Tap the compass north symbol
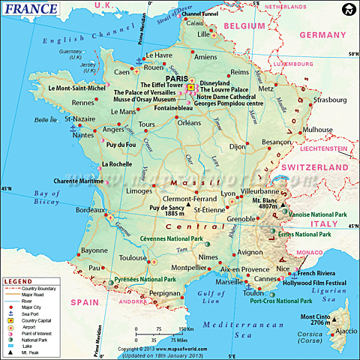pyautogui.click(x=347, y=10)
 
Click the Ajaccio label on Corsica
pyautogui.click(x=346, y=330)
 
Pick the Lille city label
pyautogui.click(x=203, y=34)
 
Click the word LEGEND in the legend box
pyautogui.click(x=19, y=280)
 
